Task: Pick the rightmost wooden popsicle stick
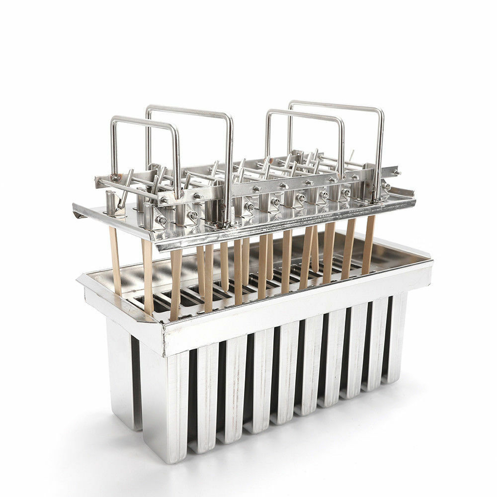click(x=368, y=244)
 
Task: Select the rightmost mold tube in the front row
click(x=397, y=338)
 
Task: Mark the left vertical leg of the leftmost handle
click(x=113, y=149)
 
